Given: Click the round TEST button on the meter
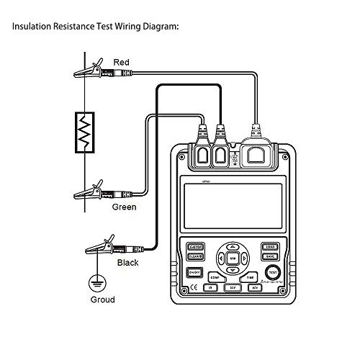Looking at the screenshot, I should [272, 272].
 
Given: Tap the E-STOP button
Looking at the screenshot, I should [196, 246].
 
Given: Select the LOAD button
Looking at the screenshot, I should [270, 246].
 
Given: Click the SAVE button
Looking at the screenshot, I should [270, 256].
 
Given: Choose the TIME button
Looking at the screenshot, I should [250, 276].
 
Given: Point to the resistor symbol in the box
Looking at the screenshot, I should [86, 132].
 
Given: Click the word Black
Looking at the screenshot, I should [128, 264].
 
